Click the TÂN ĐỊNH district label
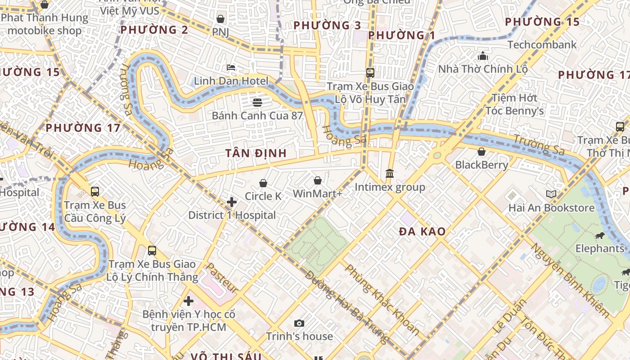coord(256,153)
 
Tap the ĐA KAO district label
coord(423,232)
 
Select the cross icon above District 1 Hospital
coord(232,202)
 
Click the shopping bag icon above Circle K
coord(263,183)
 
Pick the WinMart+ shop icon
coord(318,180)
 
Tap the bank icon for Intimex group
coord(390,173)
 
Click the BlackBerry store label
coord(481,165)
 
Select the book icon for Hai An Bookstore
coord(551,194)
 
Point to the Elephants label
coord(600,248)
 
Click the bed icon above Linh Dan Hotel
coord(231,67)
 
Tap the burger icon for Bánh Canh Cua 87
coord(257,102)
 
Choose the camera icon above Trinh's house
coord(299,323)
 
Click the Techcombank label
coord(542,45)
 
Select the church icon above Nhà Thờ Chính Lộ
coord(483,56)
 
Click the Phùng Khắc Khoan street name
coord(382,299)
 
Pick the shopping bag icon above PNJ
coord(220,19)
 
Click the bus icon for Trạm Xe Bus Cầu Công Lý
coord(95,192)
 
